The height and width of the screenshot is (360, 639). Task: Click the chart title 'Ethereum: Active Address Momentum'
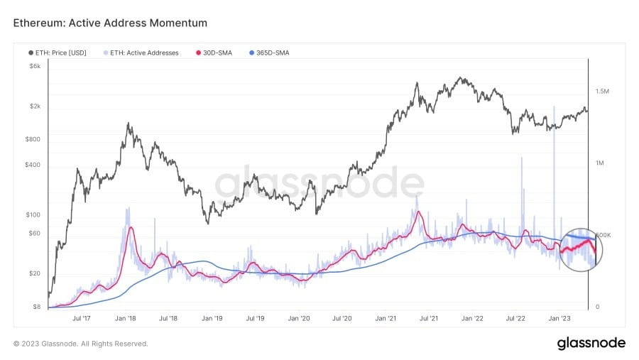pyautogui.click(x=110, y=23)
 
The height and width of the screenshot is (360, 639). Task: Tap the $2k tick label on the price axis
pyautogui.click(x=35, y=107)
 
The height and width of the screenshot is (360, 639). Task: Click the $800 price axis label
pyautogui.click(x=33, y=139)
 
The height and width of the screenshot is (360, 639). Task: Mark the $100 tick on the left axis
pyautogui.click(x=33, y=214)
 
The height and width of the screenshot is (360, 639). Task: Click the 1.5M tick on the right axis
pyautogui.click(x=603, y=92)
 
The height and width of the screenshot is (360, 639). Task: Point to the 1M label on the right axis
pyautogui.click(x=599, y=163)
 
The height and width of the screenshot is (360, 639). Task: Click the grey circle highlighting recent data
pyautogui.click(x=581, y=250)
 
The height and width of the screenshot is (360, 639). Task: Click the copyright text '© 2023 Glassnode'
pyautogui.click(x=80, y=344)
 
